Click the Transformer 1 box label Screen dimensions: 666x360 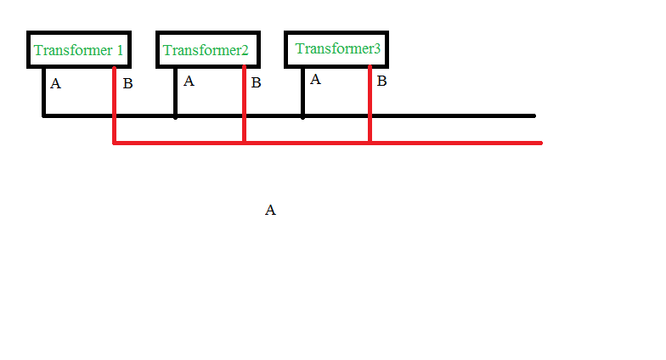click(x=78, y=50)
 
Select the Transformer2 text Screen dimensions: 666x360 click(x=206, y=50)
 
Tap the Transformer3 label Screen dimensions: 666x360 click(x=338, y=48)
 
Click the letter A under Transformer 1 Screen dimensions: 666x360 click(x=56, y=83)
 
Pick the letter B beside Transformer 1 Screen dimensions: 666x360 click(x=127, y=83)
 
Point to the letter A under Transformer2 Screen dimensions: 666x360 click(x=189, y=82)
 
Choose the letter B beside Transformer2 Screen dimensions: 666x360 click(x=256, y=82)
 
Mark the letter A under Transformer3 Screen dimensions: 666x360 click(x=315, y=80)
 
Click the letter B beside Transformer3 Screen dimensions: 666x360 click(x=382, y=82)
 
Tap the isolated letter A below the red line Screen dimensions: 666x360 click(x=270, y=210)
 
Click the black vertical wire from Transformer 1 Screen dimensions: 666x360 click(x=44, y=92)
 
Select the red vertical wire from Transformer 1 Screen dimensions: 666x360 click(x=114, y=105)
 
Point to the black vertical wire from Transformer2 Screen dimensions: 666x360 click(x=175, y=92)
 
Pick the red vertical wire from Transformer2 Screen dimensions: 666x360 click(x=245, y=104)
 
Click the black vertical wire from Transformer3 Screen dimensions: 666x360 click(x=302, y=92)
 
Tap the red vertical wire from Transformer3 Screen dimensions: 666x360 click(x=370, y=104)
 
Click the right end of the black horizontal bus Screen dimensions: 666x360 click(x=535, y=115)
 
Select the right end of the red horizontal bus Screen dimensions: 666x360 click(x=541, y=143)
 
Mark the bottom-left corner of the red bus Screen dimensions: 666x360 click(x=114, y=143)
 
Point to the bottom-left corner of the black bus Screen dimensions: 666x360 click(x=43, y=115)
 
